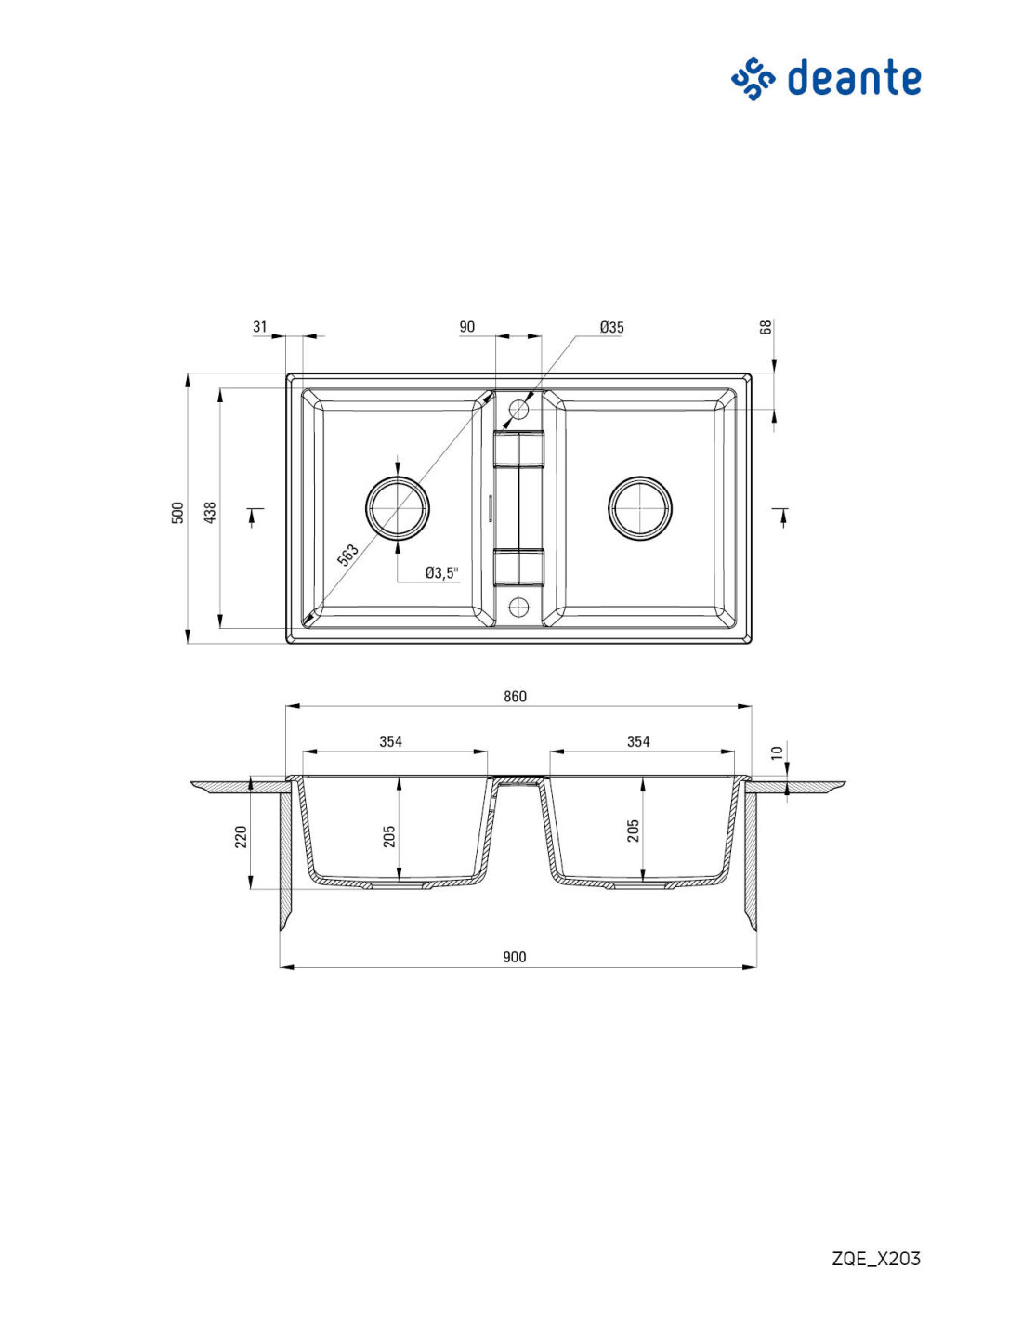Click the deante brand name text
[854, 78]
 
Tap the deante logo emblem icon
[753, 78]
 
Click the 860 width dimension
[515, 697]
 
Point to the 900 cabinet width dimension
[515, 958]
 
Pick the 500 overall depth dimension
[177, 513]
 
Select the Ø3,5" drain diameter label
[442, 572]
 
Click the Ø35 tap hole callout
[611, 327]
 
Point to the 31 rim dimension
[259, 326]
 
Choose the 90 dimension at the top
[466, 326]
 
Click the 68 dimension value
[766, 326]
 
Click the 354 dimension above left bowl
[391, 741]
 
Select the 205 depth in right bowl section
[634, 831]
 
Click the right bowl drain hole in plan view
[640, 507]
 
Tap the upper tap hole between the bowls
[518, 409]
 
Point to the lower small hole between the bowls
[518, 606]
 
